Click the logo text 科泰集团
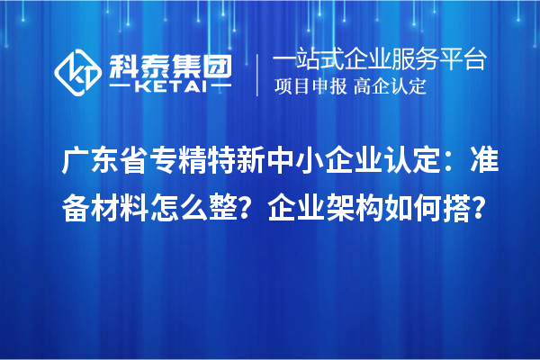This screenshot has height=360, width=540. point(167,64)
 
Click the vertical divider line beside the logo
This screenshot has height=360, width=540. point(258,74)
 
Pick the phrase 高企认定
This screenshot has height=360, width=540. point(391,87)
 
